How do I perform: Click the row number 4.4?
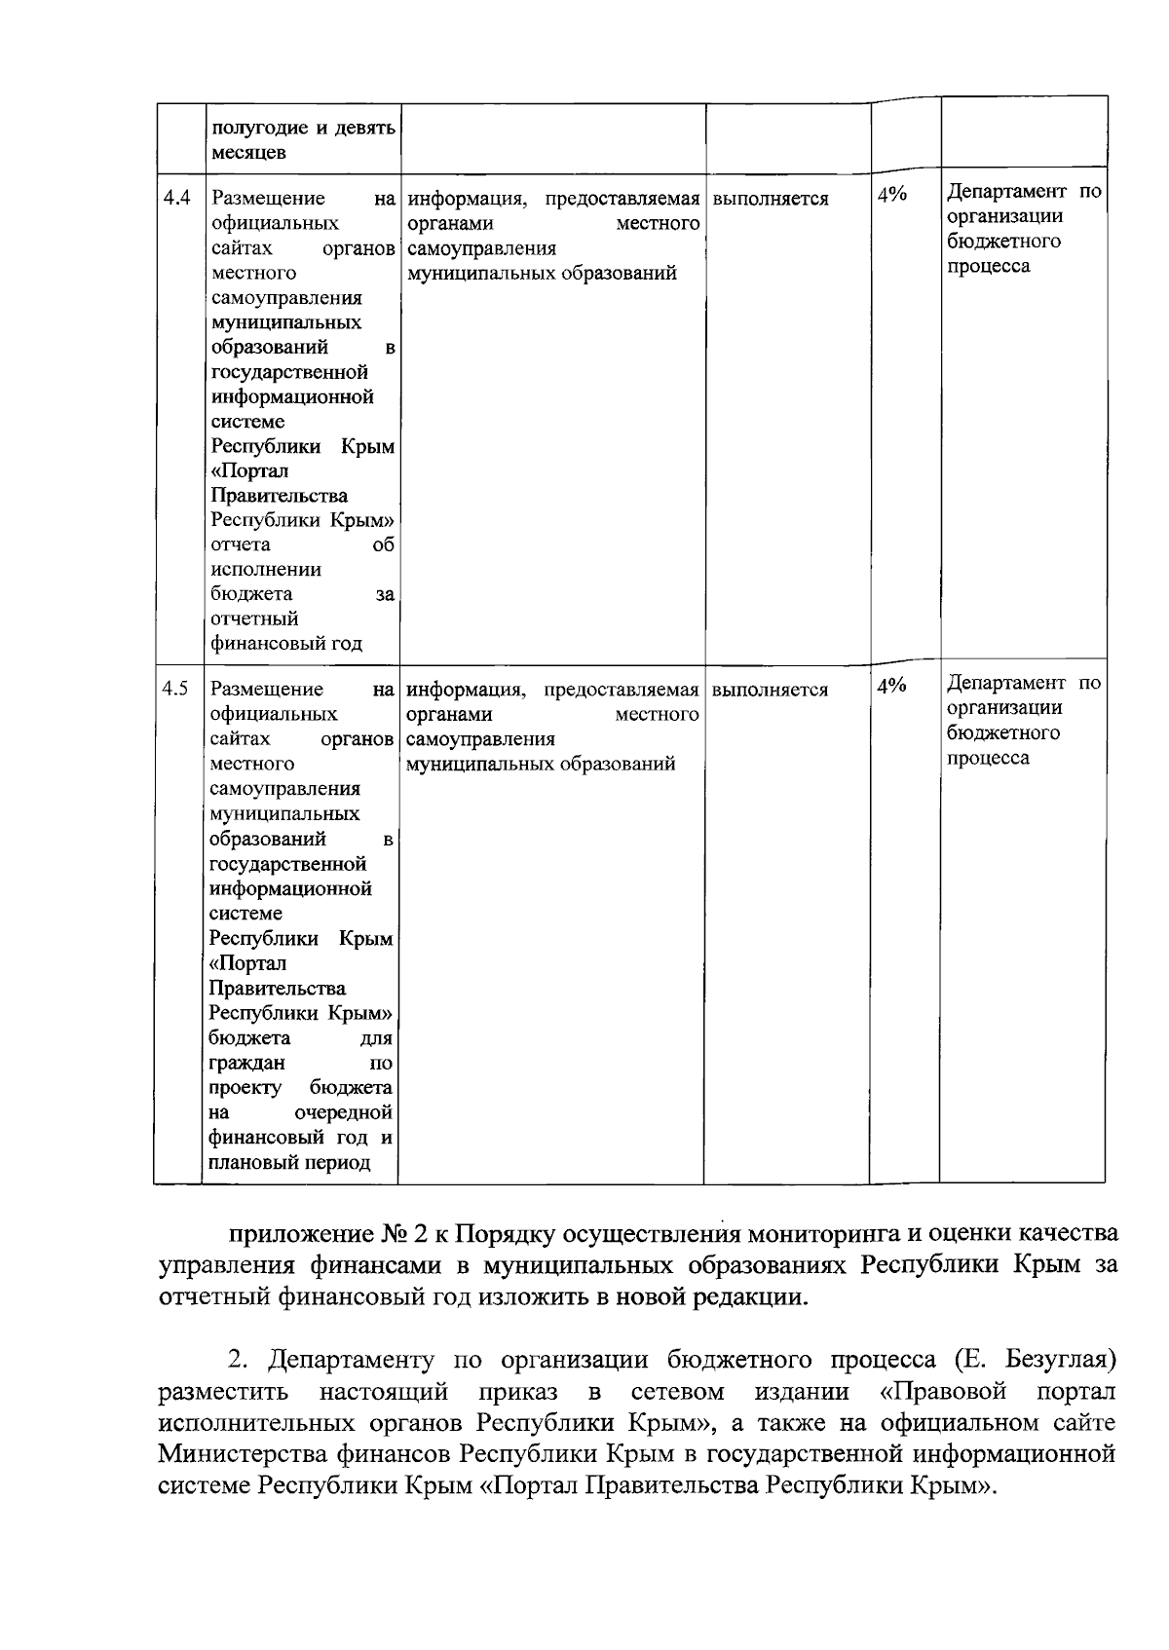pos(176,198)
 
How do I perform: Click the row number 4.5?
pos(175,689)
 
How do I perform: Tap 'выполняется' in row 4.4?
pos(771,199)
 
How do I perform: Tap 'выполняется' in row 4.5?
pos(770,690)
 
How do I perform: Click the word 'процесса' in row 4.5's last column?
pos(988,758)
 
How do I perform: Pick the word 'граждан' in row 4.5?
pos(246,1064)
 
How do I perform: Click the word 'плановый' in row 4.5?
pos(251,1163)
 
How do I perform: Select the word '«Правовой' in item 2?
pos(936,1389)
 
